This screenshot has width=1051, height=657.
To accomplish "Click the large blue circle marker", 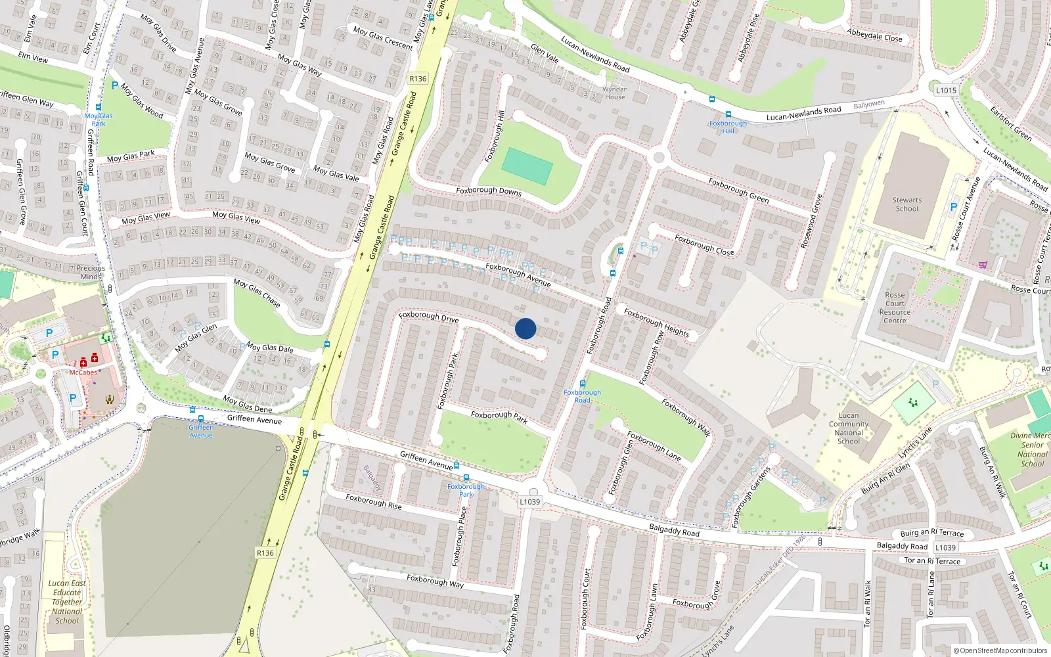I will click(525, 328).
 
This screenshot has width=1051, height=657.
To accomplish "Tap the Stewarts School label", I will click(906, 204).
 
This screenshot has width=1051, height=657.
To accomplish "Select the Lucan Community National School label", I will click(848, 428).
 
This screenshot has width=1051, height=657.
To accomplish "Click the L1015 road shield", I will click(946, 90).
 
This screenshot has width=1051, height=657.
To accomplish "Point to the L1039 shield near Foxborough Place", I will click(529, 502).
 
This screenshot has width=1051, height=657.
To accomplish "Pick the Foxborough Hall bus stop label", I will click(728, 127).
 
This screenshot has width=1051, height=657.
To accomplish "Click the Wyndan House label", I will click(615, 93).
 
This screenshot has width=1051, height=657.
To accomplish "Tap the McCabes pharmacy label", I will click(83, 373).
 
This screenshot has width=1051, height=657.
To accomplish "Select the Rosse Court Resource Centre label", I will click(895, 307).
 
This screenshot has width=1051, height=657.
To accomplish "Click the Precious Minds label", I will click(91, 272).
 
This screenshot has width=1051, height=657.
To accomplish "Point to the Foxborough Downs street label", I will click(489, 191).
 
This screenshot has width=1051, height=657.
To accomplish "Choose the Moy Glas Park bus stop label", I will click(99, 120).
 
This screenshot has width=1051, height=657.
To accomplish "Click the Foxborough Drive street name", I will click(428, 317).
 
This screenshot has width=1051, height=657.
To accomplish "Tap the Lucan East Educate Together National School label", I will click(67, 602).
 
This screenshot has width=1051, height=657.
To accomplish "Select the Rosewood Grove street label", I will click(811, 221).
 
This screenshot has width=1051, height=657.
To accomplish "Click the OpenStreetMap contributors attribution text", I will click(1000, 650).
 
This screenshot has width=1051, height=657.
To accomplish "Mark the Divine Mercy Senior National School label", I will click(1032, 449).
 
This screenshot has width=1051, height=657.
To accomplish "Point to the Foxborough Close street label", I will click(704, 245).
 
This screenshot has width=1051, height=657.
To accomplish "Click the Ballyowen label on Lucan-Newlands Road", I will click(869, 104).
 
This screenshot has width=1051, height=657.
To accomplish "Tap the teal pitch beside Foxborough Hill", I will click(527, 166).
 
